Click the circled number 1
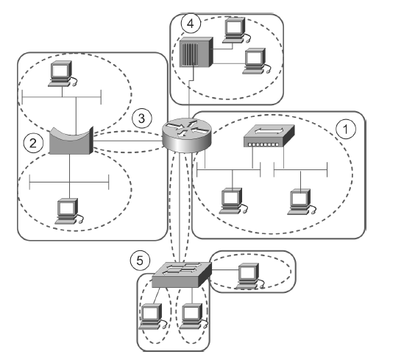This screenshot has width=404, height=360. point(346,129)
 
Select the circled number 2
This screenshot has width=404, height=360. point(33,144)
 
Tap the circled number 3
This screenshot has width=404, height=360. point(142,119)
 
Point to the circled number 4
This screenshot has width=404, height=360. point(191,24)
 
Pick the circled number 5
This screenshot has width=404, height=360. point(140,261)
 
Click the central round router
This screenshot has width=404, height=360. point(187,135)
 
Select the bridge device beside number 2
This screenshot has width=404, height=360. point(71,141)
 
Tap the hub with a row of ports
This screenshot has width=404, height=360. point(269,135)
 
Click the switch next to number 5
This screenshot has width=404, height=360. point(182,275)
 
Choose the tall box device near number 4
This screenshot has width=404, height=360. point(196,52)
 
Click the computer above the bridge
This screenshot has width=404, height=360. point(63,74)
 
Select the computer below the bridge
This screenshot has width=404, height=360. point(69,211)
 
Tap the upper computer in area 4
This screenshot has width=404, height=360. point(236,30)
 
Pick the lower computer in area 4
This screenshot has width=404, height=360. point(257,61)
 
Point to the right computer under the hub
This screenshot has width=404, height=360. point(302,202)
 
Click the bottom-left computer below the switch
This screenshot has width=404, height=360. point(152,317)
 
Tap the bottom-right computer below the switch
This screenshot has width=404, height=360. point(194,317)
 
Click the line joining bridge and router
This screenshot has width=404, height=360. point(128,141)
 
